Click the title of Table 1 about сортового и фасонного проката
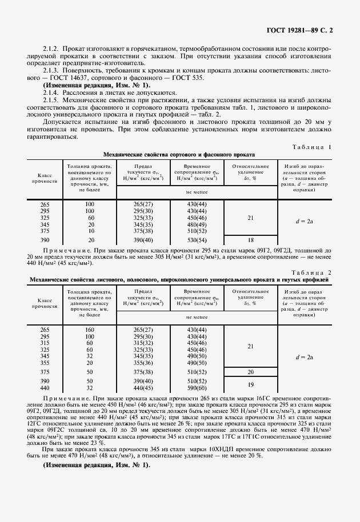pos(179,155)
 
